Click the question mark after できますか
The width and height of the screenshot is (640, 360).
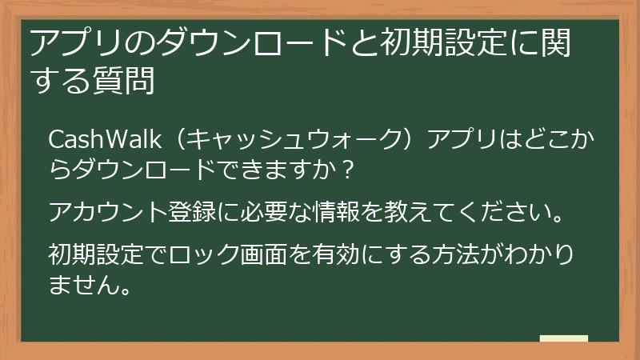(346, 170)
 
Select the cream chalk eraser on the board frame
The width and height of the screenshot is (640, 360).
(564, 338)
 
